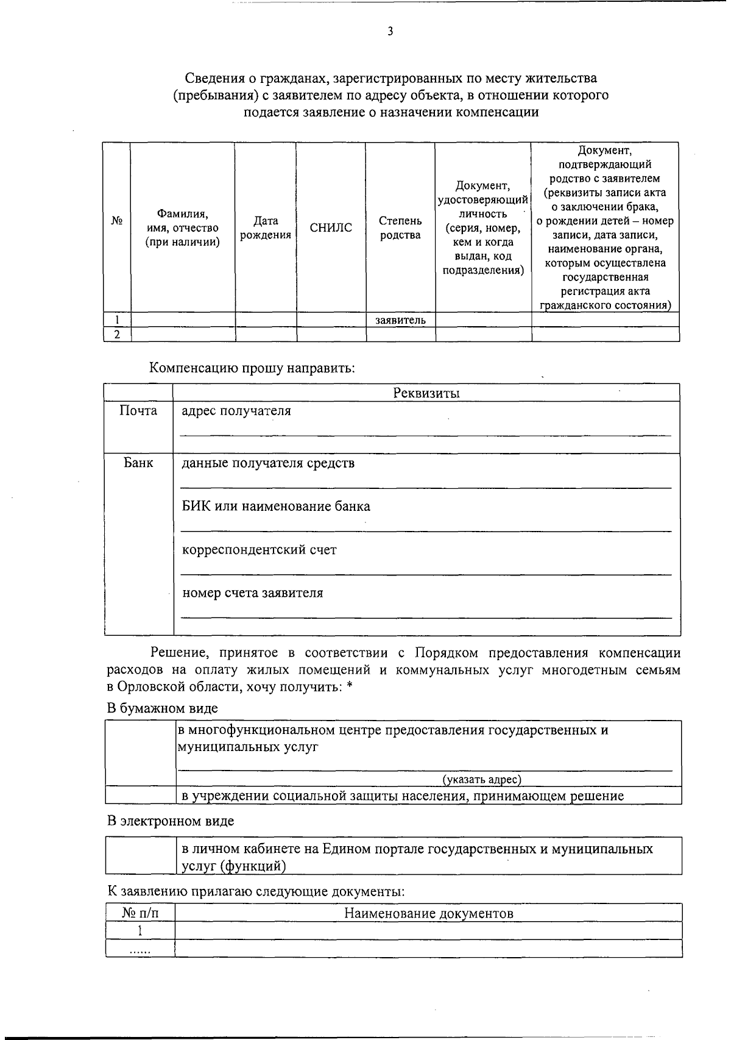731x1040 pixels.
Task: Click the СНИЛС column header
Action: tap(331, 228)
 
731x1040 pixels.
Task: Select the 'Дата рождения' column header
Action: tap(266, 228)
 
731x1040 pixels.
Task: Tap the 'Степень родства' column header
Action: tap(400, 228)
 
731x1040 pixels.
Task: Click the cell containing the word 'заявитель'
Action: tap(400, 320)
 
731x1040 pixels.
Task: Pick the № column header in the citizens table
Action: tap(117, 221)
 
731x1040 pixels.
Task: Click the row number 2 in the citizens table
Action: tap(117, 334)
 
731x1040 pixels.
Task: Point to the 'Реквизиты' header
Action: tap(426, 393)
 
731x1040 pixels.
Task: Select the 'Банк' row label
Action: tap(138, 463)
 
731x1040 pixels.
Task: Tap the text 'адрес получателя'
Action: tap(236, 411)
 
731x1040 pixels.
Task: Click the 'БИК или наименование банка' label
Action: tap(276, 507)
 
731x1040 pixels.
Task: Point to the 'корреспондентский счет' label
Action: tap(260, 550)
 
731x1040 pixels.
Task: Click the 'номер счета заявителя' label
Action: tap(253, 593)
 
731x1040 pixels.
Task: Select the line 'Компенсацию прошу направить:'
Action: tap(252, 368)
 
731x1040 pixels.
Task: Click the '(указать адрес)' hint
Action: tap(482, 779)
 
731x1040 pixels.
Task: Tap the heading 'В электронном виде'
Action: tap(171, 821)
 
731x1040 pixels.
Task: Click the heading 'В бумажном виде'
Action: tap(163, 708)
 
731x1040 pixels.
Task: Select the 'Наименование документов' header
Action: tap(428, 913)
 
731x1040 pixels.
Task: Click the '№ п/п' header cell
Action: tap(139, 913)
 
